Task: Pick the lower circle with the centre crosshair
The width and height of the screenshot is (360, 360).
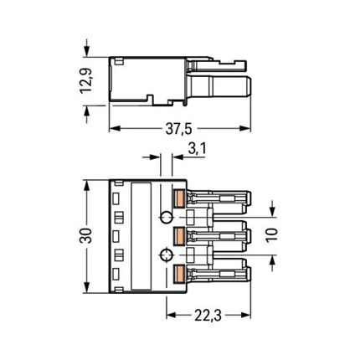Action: click(167, 255)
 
